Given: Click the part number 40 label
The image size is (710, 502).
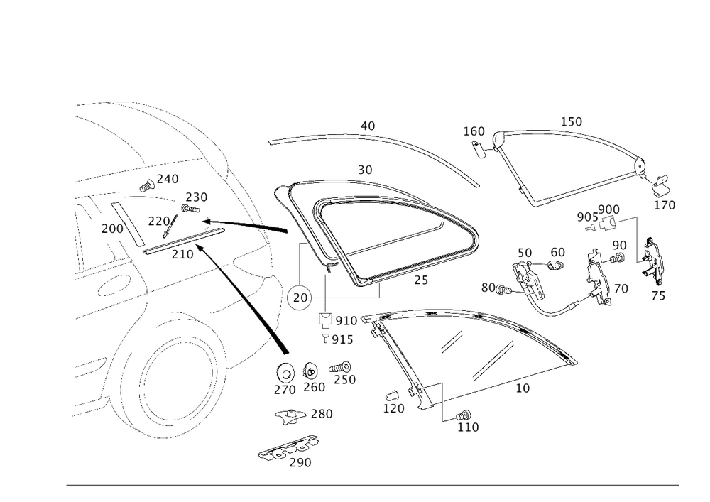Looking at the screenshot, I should pos(367,126).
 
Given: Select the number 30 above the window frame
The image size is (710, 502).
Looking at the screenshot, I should pos(366,170).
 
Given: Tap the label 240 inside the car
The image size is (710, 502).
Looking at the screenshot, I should pos(168,180).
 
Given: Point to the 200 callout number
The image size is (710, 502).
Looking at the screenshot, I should pos(111,229).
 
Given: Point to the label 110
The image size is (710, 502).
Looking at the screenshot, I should pos(468,427).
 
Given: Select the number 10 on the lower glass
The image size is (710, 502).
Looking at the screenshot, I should pos(523,388).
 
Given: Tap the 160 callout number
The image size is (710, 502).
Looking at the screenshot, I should pos(474,131).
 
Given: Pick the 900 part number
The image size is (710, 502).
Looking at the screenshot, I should pos(609,209).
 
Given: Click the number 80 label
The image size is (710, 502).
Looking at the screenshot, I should pos(487,288).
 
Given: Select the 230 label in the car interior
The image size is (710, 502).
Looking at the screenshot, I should pos(196,197).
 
